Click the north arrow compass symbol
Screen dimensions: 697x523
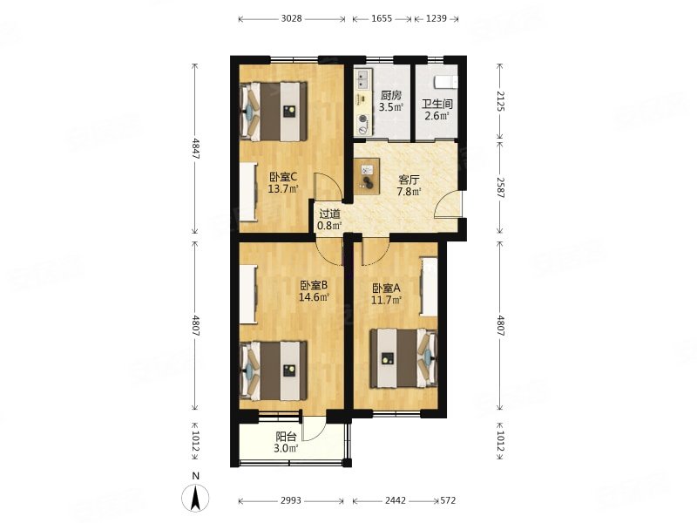195,497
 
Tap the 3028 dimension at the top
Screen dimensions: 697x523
292,18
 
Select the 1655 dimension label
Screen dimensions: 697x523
382,18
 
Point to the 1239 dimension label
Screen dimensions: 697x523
436,18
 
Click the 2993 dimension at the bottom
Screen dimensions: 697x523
291,500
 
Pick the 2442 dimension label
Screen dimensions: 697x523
396,500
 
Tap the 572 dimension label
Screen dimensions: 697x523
448,500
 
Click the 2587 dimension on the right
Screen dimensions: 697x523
500,187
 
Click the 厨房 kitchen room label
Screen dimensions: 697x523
390,95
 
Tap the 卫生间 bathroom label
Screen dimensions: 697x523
437,105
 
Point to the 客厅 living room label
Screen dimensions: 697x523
409,180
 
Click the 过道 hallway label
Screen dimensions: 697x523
329,214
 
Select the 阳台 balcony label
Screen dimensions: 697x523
287,437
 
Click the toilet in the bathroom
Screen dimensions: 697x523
445,82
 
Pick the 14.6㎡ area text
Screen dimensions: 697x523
314,297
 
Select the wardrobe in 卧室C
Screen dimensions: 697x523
248,192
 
